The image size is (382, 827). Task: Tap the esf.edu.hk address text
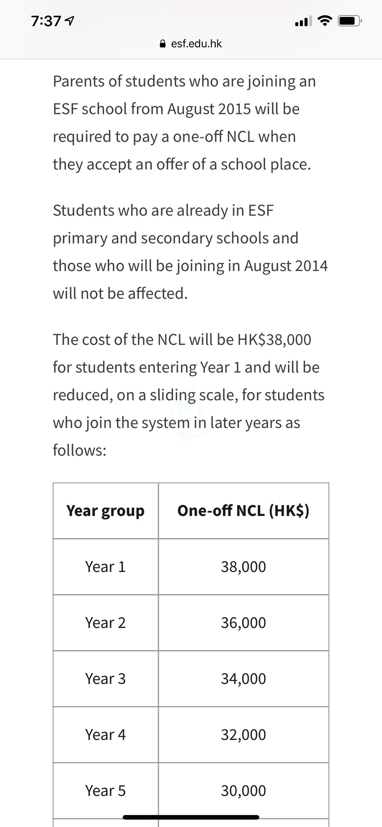196,44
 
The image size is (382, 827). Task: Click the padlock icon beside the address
163,44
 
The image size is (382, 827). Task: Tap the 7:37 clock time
46,21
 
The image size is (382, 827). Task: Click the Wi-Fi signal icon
324,21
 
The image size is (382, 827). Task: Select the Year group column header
106,511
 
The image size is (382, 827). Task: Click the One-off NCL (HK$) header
243,511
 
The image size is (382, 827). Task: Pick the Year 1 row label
106,567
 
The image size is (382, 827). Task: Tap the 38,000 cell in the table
243,567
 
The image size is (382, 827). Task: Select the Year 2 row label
106,623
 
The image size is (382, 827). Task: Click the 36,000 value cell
243,623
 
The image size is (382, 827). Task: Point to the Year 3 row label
106,679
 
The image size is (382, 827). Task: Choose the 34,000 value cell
243,679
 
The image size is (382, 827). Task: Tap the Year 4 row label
106,735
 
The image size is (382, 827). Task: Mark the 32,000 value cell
243,735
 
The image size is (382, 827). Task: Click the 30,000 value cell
243,791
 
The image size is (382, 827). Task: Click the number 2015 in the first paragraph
234,109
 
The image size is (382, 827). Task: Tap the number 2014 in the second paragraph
311,266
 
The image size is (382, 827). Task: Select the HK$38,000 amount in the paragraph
274,339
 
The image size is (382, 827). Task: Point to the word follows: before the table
80,451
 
